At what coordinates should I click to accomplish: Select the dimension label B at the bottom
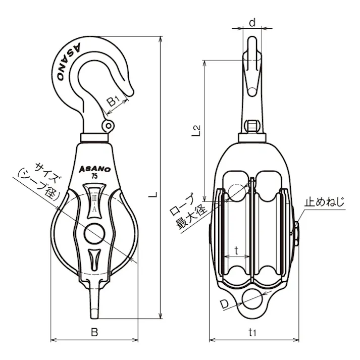coord(94,332)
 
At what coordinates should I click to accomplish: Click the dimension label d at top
coord(252,23)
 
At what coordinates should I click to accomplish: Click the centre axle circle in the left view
coord(94,234)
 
